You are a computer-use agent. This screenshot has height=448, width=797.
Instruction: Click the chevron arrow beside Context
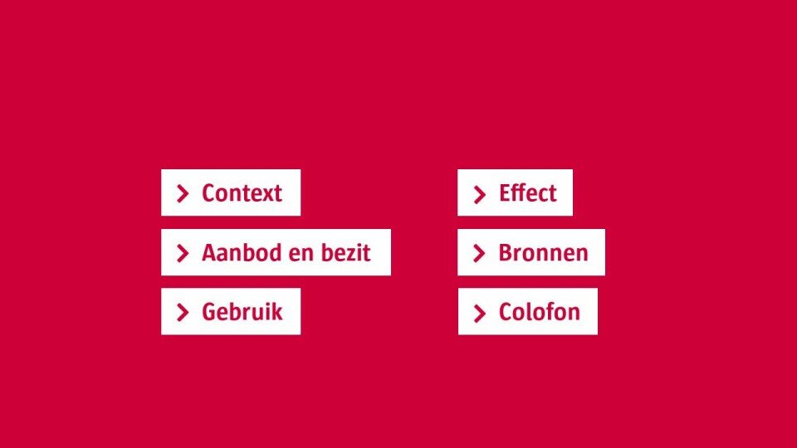pos(183,193)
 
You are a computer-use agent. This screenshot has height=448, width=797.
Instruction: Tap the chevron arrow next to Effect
pos(479,194)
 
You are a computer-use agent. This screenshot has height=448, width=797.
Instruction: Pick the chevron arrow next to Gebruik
pos(183,313)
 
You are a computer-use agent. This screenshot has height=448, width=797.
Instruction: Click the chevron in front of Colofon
pos(479,314)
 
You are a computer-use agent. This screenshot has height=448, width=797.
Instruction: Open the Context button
pos(231,192)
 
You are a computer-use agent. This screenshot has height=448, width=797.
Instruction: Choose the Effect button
pos(515,192)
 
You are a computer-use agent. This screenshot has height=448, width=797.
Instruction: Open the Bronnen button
pos(531,252)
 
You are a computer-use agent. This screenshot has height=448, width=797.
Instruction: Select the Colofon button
pos(528,311)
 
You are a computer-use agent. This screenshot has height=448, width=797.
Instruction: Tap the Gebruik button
pos(231,311)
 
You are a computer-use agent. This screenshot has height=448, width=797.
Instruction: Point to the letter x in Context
pos(265,195)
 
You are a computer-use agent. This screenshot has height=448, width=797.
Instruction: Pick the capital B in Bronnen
pos(506,253)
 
